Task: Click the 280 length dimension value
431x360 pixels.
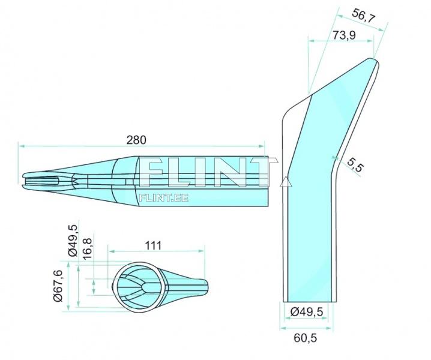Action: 136,139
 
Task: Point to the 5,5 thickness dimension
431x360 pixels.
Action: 355,165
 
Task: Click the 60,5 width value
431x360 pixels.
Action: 306,338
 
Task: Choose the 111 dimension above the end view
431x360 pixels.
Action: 154,246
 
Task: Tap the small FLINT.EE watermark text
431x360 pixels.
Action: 163,196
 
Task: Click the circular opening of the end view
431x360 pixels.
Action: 139,286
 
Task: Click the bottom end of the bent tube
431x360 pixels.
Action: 309,301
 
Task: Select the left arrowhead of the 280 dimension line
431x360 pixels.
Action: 20,145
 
